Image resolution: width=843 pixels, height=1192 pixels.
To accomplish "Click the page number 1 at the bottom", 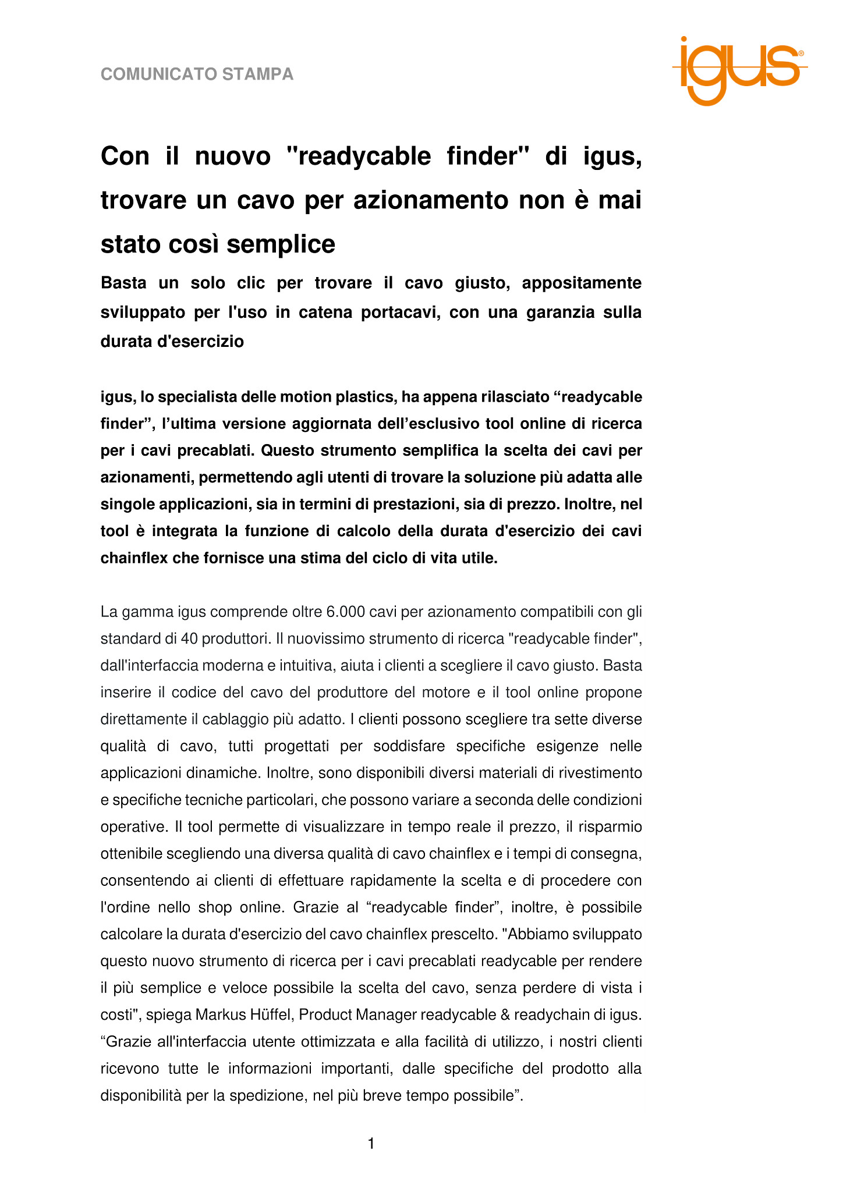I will click(371, 1144).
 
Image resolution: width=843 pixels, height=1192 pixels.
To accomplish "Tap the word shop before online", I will click(215, 907).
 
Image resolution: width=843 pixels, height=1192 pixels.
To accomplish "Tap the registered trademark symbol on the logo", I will click(801, 53).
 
